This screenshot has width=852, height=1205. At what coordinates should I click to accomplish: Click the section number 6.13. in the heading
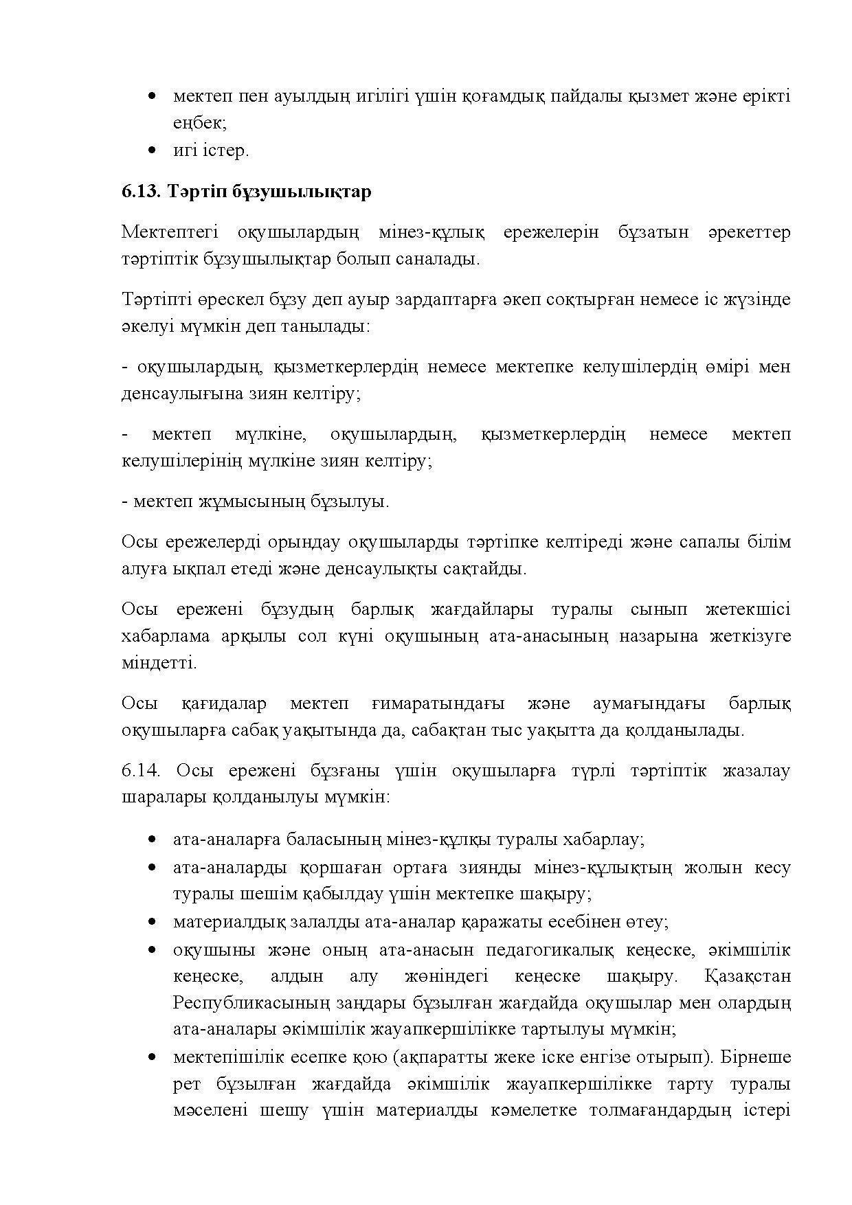[x=141, y=191]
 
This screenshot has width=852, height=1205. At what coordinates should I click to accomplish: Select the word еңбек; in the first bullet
[x=199, y=124]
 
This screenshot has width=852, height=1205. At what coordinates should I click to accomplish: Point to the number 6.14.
[x=141, y=771]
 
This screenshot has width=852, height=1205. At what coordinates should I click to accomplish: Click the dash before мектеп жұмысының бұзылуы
[x=125, y=502]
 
